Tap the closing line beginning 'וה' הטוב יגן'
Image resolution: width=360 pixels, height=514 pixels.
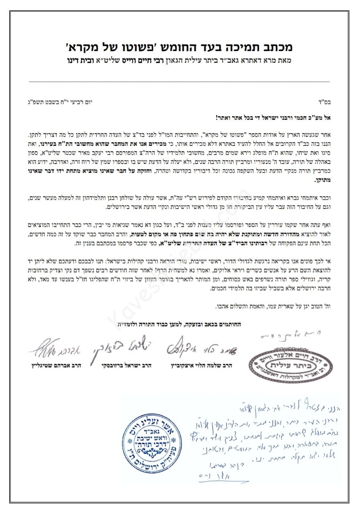pyautogui.click(x=273, y=306)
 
